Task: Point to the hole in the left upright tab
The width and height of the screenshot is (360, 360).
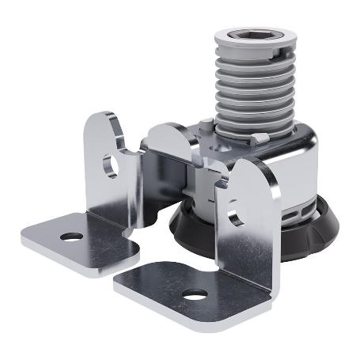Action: pos(110,165)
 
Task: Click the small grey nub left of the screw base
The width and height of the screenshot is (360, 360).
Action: pos(205,125)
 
